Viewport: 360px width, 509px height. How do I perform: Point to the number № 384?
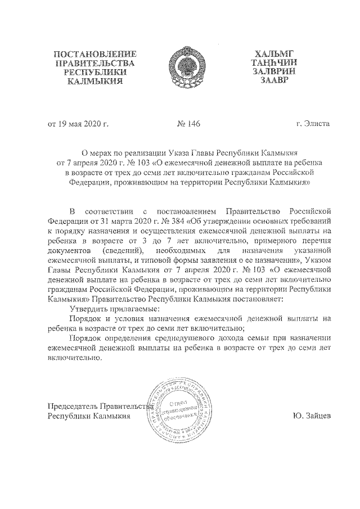pyautogui.click(x=166, y=222)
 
